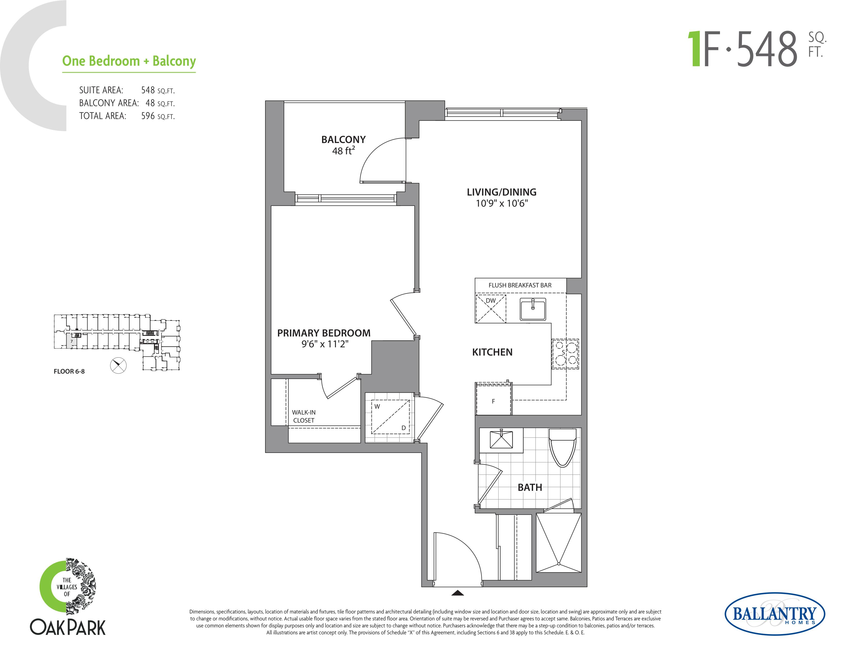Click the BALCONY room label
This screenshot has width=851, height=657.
point(343,139)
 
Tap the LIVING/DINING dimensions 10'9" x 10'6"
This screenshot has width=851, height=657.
point(502,203)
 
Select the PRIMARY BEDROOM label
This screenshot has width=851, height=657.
point(324,333)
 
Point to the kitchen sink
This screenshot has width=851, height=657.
point(533,309)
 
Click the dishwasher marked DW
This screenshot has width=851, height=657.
point(490,309)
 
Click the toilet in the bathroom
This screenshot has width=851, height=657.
point(562,447)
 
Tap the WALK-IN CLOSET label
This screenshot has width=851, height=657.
point(304,416)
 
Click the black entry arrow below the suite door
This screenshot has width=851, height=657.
point(458,593)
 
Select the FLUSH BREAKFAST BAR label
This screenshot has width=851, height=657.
point(520,285)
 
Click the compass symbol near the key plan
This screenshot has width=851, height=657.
point(118,365)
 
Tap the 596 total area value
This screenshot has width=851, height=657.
point(148,116)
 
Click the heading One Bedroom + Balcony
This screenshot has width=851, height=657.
point(129,61)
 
